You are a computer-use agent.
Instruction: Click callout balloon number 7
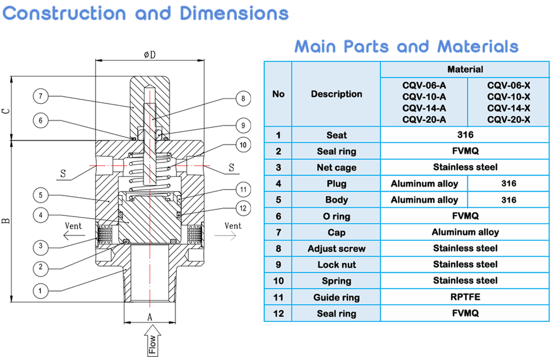(40, 96)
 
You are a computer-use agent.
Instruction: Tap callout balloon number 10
(243, 145)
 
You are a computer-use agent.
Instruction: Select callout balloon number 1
(40, 291)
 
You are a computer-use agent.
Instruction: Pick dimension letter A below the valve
(150, 317)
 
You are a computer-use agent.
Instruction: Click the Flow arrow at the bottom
(153, 340)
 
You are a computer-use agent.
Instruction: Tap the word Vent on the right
(233, 225)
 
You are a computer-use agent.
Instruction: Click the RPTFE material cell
(465, 297)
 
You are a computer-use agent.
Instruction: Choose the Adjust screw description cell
(336, 248)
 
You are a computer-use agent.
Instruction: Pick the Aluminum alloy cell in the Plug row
(424, 184)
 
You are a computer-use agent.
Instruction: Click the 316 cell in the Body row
(508, 200)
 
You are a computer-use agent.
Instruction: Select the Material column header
(465, 69)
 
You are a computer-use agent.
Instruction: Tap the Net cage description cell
(336, 167)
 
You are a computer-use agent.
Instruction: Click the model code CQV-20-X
(508, 120)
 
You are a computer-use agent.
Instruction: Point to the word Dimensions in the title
(234, 13)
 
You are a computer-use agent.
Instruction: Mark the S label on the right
(232, 168)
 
